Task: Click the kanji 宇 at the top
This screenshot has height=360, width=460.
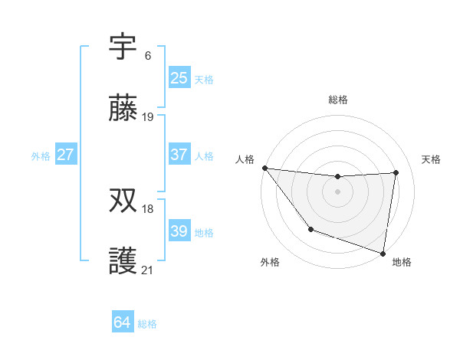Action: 123,47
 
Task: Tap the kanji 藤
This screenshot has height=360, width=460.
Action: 123,110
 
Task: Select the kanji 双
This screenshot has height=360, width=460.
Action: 123,201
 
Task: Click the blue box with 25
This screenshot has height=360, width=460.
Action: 179,77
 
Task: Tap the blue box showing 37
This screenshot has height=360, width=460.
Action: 179,155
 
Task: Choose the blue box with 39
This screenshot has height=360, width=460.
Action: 179,231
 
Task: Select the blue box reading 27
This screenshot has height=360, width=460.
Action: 65,155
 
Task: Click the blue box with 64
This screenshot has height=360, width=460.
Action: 122,322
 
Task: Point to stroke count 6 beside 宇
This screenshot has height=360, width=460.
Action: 148,55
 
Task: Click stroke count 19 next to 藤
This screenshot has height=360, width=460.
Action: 148,117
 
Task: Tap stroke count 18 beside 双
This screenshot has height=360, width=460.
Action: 148,208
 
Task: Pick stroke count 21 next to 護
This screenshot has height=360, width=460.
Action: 148,270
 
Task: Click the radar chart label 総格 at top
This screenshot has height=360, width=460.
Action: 337,100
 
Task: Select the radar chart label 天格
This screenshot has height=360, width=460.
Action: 431,159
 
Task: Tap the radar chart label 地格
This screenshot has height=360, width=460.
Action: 402,262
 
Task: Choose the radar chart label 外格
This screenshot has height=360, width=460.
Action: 270,262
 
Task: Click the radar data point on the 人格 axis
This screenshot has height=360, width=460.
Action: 264,168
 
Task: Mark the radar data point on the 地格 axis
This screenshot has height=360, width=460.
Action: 383,253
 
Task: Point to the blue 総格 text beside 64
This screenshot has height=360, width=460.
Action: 147,324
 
